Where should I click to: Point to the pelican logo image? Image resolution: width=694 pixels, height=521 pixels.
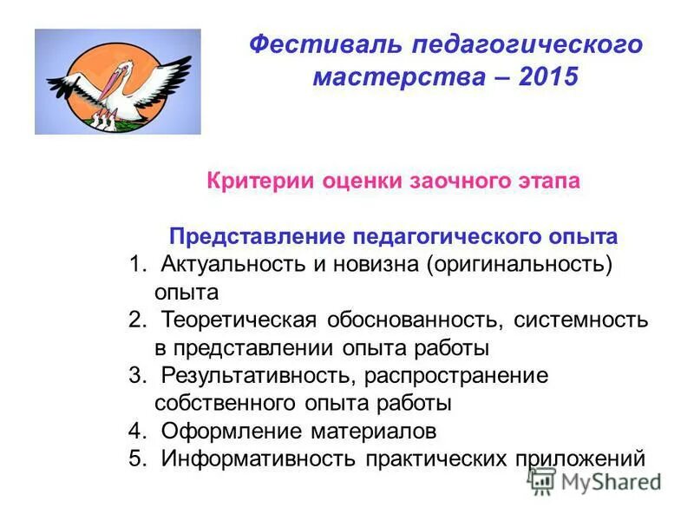click(117, 82)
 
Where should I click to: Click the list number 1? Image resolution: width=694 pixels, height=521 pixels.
click(136, 264)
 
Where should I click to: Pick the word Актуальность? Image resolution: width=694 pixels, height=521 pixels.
click(228, 264)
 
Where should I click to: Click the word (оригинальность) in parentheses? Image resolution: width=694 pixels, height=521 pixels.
click(519, 264)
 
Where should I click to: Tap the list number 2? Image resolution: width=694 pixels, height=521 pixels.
click(136, 320)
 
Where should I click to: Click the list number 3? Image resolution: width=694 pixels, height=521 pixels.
click(136, 375)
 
